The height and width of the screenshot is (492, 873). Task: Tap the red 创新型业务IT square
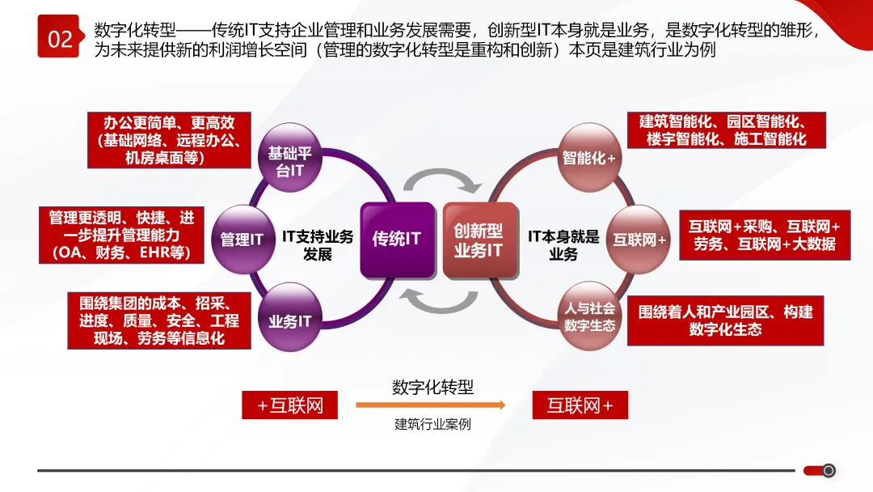click(478, 240)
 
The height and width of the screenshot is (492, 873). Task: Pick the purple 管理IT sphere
click(242, 240)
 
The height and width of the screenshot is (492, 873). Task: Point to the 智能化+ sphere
click(588, 156)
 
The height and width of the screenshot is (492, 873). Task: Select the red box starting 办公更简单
click(169, 140)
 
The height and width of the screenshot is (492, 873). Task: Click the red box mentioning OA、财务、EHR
click(121, 235)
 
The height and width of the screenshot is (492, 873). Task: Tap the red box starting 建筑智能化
click(727, 130)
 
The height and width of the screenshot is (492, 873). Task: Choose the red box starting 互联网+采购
click(765, 235)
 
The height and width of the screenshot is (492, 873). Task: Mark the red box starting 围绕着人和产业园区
click(725, 320)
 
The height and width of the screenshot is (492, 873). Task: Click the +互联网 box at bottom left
click(289, 405)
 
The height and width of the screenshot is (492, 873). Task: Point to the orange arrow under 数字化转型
click(430, 405)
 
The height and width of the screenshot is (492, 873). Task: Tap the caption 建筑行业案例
click(432, 424)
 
